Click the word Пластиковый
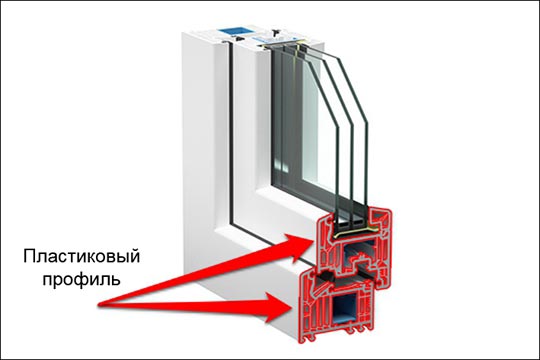point(82,257)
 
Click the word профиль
point(81,279)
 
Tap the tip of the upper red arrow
point(312,239)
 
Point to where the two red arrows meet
point(99,304)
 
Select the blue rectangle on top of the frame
point(231,30)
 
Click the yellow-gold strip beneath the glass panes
point(355,232)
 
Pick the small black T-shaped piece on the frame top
point(275,32)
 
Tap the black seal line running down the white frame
point(231,134)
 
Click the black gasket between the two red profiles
point(325,275)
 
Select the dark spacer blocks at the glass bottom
point(350,224)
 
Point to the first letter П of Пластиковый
point(29,256)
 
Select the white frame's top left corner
point(183,33)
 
